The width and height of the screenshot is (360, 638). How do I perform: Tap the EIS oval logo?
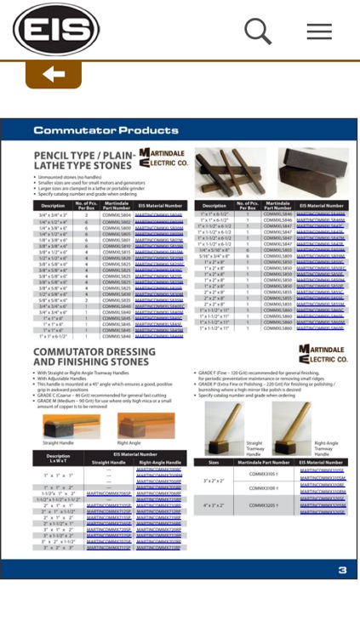[x=56, y=30]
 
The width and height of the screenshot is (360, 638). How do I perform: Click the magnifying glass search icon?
[x=257, y=31]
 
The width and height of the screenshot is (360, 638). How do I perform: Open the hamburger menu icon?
[x=319, y=31]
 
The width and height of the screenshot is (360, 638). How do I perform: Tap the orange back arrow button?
[x=54, y=75]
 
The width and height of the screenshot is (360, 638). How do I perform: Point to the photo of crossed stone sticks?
[x=230, y=172]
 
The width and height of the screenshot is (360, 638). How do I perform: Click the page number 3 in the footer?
[x=342, y=570]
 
